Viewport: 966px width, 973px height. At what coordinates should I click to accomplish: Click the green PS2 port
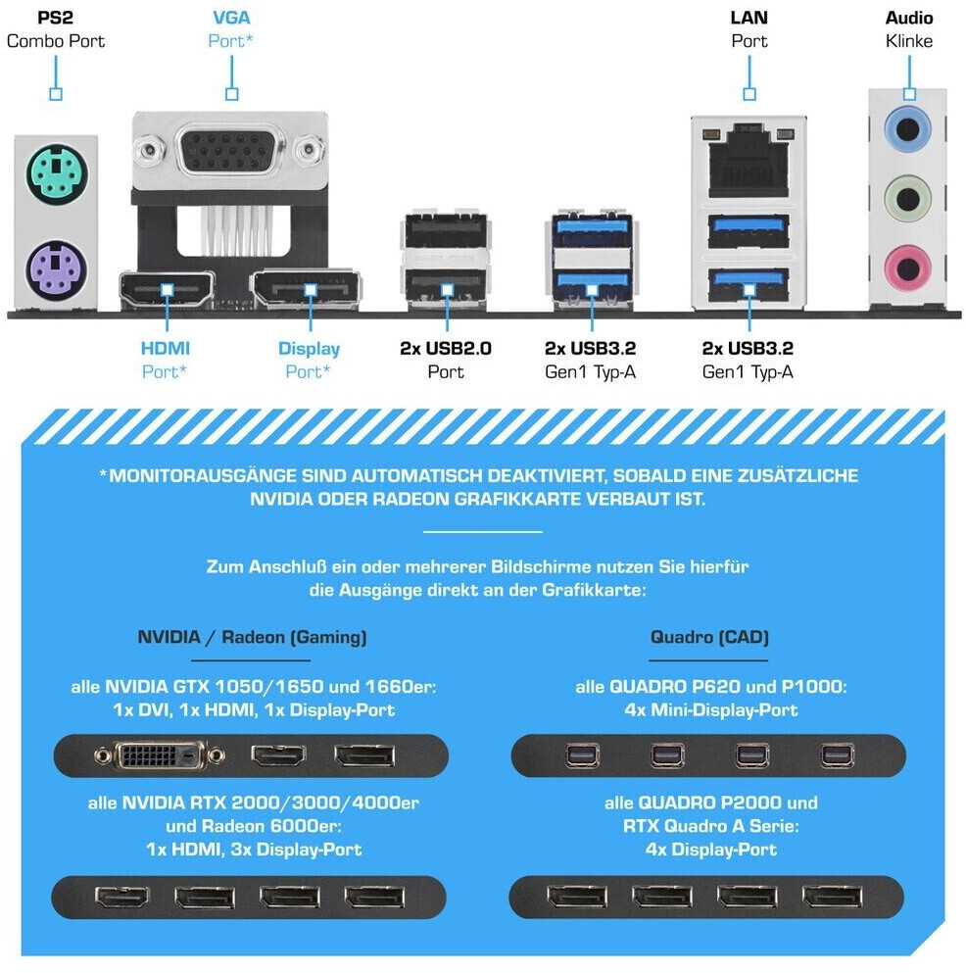(57, 173)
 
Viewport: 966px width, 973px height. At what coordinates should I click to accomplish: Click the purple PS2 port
(57, 269)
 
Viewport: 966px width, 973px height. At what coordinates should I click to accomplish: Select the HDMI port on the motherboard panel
(167, 290)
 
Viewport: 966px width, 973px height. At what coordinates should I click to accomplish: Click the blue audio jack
(907, 130)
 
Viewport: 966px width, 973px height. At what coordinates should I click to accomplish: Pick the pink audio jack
(907, 268)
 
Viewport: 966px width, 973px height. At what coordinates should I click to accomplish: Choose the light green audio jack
(907, 199)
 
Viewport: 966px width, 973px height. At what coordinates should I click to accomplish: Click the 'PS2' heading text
(55, 18)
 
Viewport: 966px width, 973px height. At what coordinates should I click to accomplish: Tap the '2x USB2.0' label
(446, 348)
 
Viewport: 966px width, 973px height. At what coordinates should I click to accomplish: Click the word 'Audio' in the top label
(909, 18)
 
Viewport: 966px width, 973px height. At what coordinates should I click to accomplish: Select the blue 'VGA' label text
(231, 18)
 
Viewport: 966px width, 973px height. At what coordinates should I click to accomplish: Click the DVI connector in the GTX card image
(160, 755)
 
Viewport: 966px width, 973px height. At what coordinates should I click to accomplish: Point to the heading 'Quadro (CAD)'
(709, 637)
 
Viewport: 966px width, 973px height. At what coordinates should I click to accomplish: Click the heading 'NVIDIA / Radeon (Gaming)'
(252, 637)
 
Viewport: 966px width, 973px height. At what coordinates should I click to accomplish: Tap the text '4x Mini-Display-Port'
(711, 709)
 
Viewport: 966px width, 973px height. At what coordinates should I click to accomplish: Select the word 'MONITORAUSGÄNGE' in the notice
(203, 475)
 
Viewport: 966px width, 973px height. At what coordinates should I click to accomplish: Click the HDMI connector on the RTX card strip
(122, 896)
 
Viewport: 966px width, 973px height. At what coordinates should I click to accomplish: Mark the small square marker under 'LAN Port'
(749, 94)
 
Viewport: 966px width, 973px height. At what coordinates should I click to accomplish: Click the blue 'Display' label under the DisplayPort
(309, 349)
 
